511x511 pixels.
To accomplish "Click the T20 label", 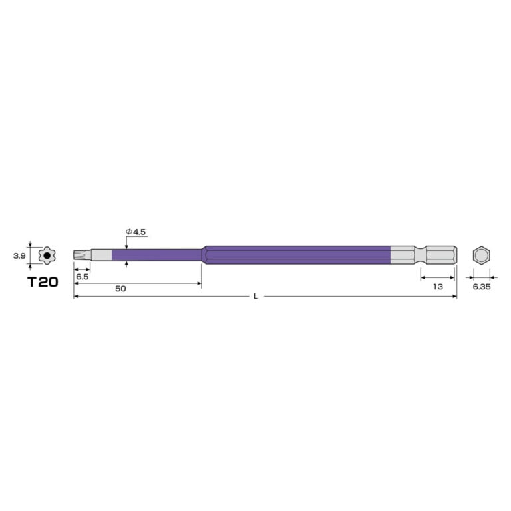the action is [43, 282].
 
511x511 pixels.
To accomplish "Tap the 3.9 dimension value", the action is [19, 256].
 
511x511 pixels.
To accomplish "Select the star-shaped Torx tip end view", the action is [47, 255].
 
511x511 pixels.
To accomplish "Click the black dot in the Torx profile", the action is [47, 255].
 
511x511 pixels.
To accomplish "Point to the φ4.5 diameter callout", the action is [136, 232].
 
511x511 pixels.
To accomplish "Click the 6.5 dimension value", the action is [82, 277].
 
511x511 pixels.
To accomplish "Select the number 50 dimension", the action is [120, 289].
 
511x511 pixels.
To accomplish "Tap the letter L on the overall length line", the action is [255, 296].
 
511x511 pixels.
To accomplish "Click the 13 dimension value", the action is [438, 287].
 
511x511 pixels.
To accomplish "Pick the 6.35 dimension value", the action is [482, 287].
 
